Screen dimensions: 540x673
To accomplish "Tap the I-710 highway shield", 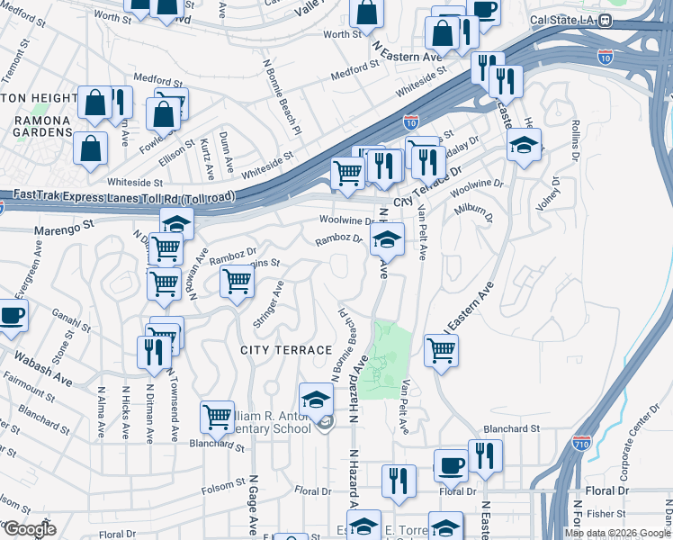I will click(582, 443).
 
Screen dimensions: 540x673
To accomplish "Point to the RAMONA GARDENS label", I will click(36, 125).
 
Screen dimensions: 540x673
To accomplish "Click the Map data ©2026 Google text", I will click(617, 533).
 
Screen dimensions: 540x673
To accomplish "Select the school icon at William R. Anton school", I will click(316, 400).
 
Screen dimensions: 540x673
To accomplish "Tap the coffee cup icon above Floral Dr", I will click(451, 465).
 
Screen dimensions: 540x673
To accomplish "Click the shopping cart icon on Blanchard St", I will click(217, 417).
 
